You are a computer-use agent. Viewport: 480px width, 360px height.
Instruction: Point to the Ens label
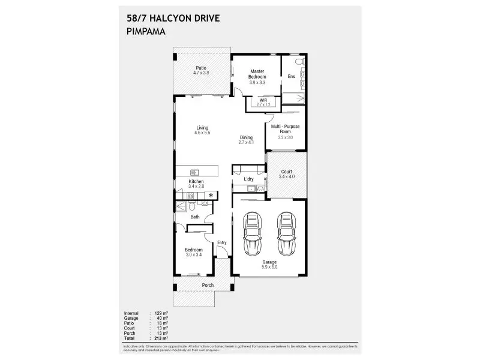click(292, 77)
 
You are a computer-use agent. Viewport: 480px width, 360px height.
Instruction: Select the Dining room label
click(246, 140)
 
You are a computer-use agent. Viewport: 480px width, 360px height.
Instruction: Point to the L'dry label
click(248, 179)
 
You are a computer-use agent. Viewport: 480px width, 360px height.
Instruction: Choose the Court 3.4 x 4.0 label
click(286, 174)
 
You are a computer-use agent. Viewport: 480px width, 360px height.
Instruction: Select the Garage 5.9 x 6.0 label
click(268, 265)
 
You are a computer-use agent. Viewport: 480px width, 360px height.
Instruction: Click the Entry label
click(222, 242)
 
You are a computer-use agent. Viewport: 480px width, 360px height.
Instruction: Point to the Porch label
click(208, 285)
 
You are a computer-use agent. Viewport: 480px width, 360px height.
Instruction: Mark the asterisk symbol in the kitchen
click(211, 195)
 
